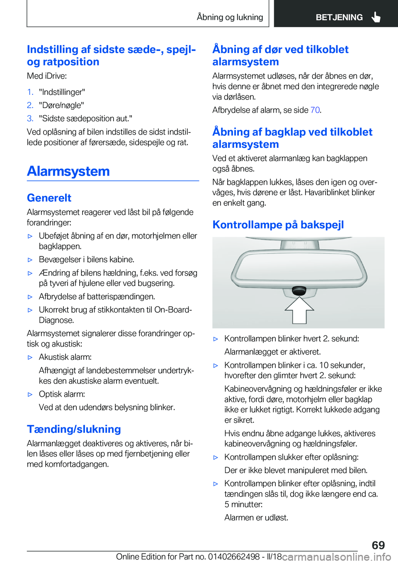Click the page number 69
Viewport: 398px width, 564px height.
pos(378,545)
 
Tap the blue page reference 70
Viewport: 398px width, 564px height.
pos(315,110)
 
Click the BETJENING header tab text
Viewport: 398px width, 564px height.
pos(339,17)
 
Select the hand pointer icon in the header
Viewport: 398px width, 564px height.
pos(376,17)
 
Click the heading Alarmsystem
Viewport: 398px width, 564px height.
pos(68,171)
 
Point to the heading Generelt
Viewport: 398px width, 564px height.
pos(49,198)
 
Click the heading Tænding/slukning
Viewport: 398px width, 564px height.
pos(74,429)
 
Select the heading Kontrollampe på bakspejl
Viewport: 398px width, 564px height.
pos(278,225)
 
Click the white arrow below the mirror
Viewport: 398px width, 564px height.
pos(299,310)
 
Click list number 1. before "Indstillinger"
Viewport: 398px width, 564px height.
pos(30,92)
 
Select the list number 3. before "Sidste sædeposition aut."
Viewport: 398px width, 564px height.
pos(30,118)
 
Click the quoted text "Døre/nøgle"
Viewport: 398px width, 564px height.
pos(61,105)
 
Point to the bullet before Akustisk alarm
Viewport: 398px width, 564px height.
pos(30,357)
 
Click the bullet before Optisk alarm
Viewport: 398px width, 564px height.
pos(30,395)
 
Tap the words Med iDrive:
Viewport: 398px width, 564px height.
pos(47,76)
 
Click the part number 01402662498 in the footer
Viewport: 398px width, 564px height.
pos(234,557)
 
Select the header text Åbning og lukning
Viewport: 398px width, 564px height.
pos(230,17)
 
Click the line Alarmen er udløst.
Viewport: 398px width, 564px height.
pos(256,518)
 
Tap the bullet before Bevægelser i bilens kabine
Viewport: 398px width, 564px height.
pos(30,260)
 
